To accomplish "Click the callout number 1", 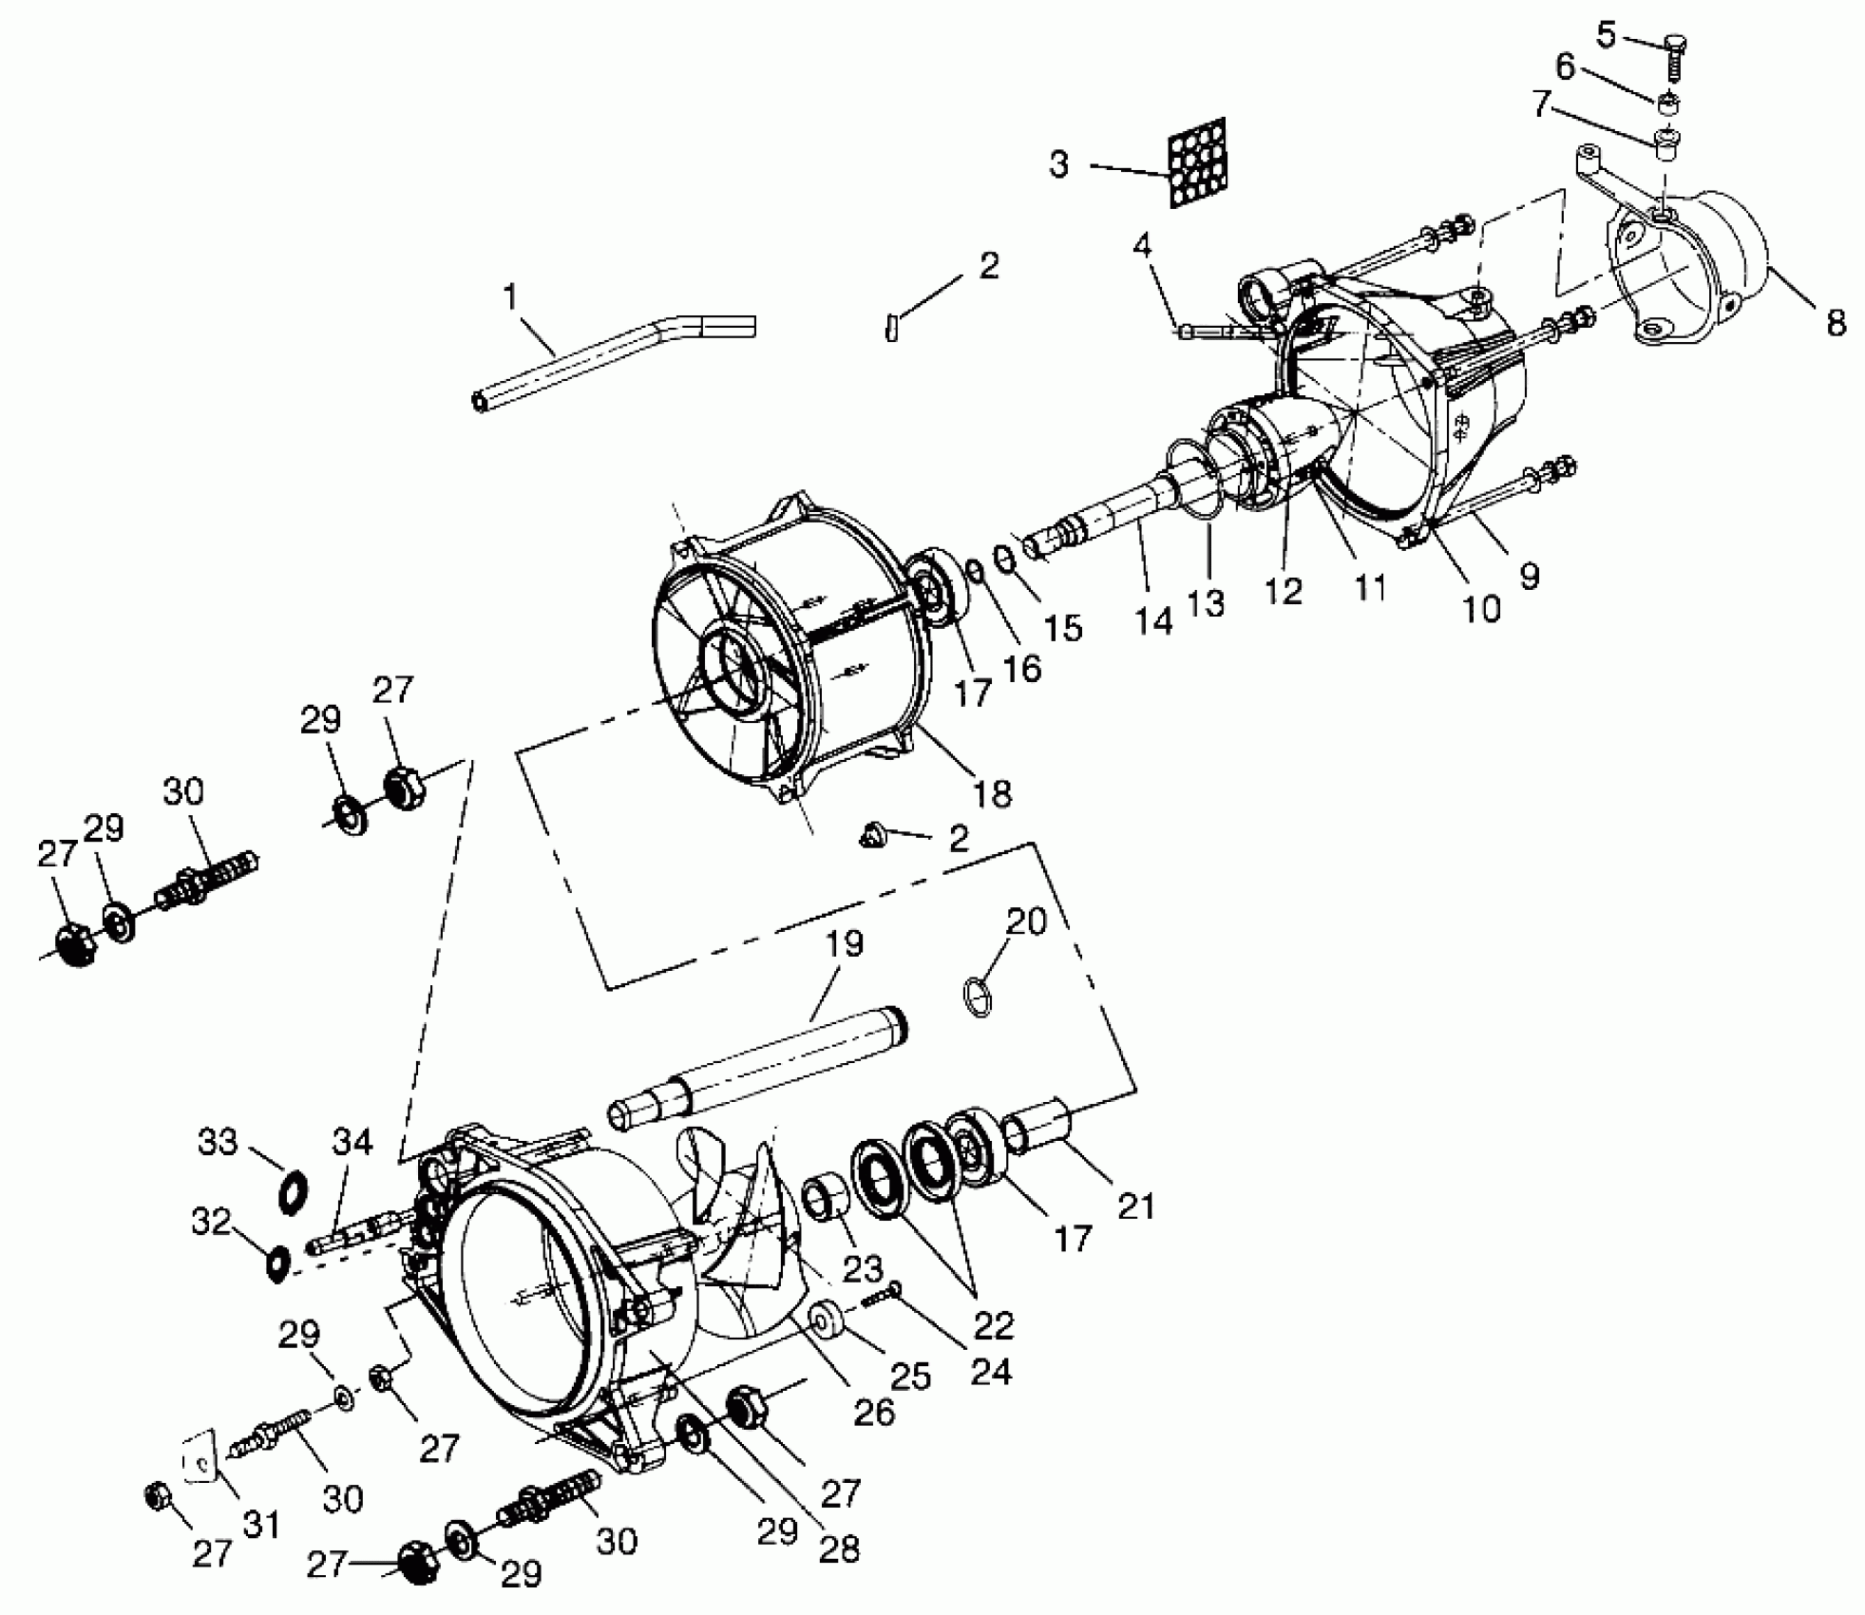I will click(510, 297).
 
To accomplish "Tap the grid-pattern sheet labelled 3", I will click(1197, 162).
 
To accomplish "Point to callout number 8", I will click(1836, 323).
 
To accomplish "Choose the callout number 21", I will click(1135, 1206).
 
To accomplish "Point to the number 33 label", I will click(218, 1141).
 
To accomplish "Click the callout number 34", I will click(352, 1141).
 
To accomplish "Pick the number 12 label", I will click(1283, 590).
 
